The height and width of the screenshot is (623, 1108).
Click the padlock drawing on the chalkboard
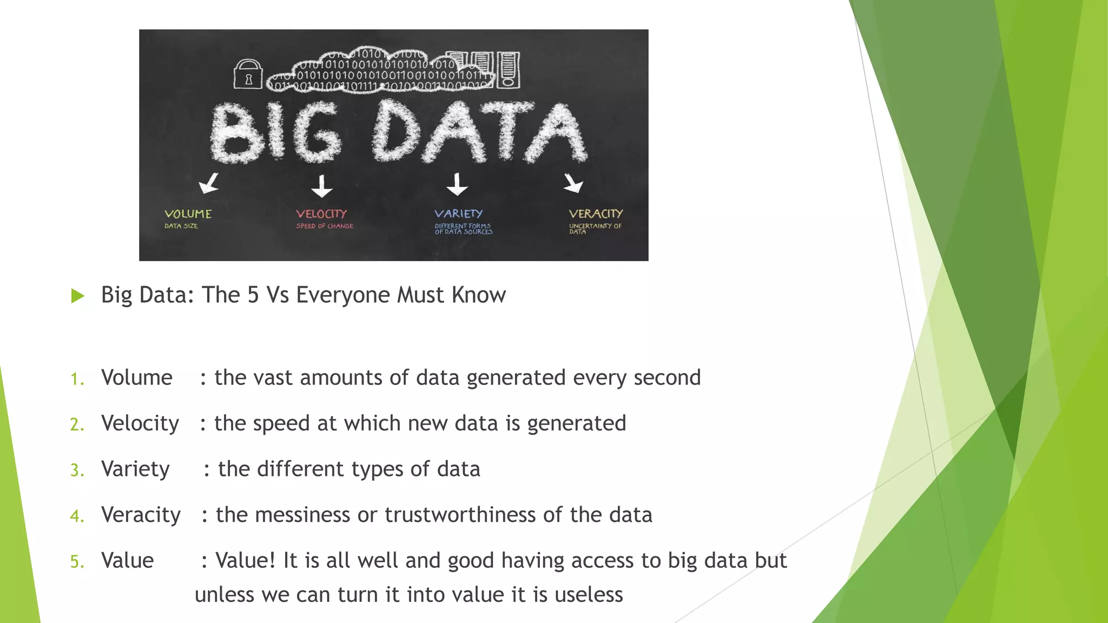tap(248, 74)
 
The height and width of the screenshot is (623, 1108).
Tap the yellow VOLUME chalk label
tap(188, 214)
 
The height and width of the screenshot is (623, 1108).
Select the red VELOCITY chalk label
tap(321, 214)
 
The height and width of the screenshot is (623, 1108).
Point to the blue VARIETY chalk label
tap(458, 214)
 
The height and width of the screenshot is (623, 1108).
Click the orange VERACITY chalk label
tap(596, 214)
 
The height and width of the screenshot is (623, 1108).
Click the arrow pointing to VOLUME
tap(209, 183)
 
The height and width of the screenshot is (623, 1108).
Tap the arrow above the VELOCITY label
tap(322, 185)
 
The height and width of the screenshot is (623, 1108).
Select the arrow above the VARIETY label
tap(457, 184)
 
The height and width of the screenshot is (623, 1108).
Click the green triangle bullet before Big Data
tap(78, 296)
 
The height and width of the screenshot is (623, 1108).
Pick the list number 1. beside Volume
tap(77, 379)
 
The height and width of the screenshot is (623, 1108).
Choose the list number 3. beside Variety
tap(77, 470)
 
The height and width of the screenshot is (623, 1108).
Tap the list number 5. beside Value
tap(77, 562)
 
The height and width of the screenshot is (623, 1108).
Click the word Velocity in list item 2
tap(140, 423)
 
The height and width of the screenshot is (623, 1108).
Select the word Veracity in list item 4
tap(141, 515)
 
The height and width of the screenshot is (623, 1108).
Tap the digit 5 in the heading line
tap(253, 295)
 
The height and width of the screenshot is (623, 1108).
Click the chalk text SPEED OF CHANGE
tap(325, 226)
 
